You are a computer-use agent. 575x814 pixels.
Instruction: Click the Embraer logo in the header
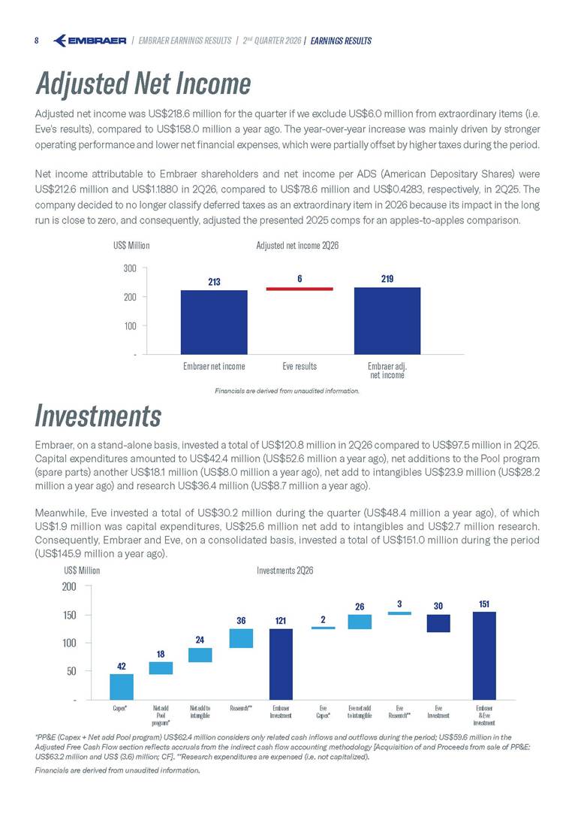pos(89,41)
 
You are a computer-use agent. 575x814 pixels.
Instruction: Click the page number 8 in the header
pos(37,41)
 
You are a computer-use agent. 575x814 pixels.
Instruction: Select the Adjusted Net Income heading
pos(143,83)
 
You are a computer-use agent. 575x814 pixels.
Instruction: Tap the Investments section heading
pos(98,416)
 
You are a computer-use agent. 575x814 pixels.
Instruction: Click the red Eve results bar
pos(300,289)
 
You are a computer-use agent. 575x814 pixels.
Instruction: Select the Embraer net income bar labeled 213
pos(214,322)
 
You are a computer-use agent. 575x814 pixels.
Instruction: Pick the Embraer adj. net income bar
pos(387,321)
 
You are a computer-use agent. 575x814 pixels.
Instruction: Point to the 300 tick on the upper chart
pos(130,268)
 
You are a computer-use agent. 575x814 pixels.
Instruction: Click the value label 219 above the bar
pos(387,279)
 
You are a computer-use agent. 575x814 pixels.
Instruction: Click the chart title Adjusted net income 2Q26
pos(297,246)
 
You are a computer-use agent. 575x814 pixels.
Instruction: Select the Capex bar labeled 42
pos(122,687)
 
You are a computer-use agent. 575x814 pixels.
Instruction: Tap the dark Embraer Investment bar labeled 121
pos(281,664)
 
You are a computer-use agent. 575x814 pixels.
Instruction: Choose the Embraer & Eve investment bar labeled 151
pos(484,655)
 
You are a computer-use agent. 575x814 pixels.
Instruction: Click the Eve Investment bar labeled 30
pos(438,624)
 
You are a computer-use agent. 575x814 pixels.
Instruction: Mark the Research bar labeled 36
pos(241,639)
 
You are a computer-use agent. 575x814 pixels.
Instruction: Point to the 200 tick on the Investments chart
pos(69,586)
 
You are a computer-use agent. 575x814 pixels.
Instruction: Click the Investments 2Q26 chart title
pos(284,570)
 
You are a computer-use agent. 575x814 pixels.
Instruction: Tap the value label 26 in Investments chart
pos(360,607)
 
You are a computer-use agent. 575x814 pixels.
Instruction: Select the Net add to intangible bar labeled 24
pos(200,655)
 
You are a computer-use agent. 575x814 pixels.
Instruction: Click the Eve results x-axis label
pos(300,367)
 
